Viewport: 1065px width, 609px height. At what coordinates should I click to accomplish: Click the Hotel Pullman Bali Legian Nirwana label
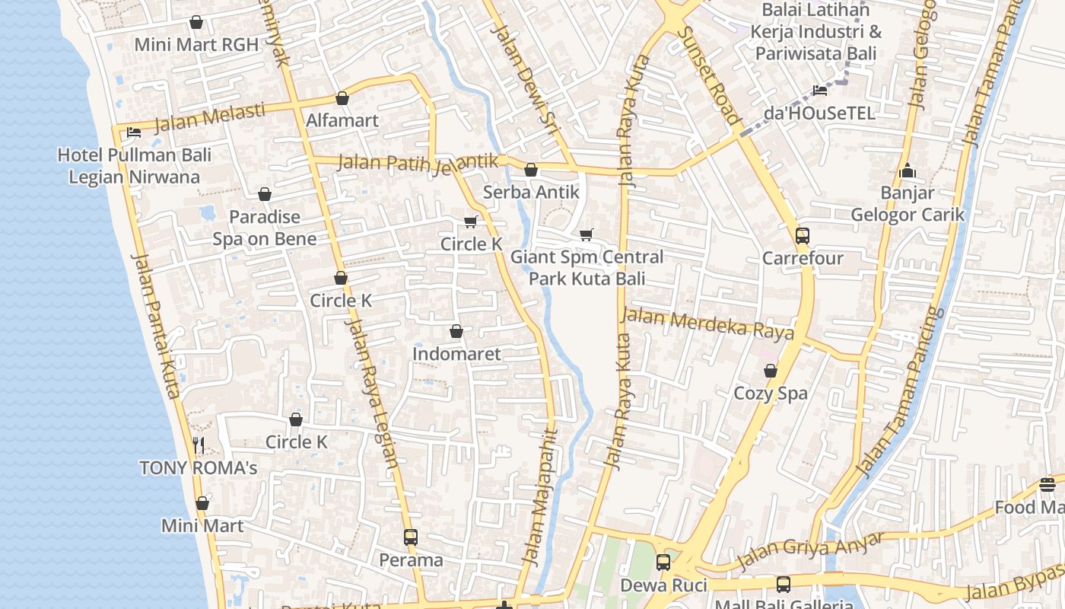click(134, 166)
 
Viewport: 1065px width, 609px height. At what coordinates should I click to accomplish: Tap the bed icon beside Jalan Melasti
click(134, 132)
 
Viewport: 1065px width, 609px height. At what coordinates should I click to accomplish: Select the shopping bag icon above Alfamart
click(342, 98)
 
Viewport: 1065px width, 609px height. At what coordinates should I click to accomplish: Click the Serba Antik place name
click(531, 192)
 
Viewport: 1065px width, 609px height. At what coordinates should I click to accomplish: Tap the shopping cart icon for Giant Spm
click(586, 234)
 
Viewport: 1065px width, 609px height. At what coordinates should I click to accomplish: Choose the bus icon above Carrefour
click(803, 235)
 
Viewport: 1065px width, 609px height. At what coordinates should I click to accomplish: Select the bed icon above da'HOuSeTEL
click(819, 91)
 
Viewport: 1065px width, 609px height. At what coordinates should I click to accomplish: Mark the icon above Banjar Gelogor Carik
click(907, 171)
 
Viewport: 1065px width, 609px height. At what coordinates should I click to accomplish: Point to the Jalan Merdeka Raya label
click(707, 324)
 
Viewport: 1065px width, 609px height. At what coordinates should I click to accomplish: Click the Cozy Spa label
click(771, 393)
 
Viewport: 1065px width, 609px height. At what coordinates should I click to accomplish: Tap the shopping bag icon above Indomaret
click(456, 331)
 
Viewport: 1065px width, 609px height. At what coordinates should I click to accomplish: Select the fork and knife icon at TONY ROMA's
click(198, 445)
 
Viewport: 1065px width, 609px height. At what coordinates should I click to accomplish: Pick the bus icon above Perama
click(411, 537)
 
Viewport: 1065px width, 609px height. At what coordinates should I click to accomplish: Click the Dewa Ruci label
click(663, 585)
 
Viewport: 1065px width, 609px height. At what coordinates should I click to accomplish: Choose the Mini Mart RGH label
click(196, 44)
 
